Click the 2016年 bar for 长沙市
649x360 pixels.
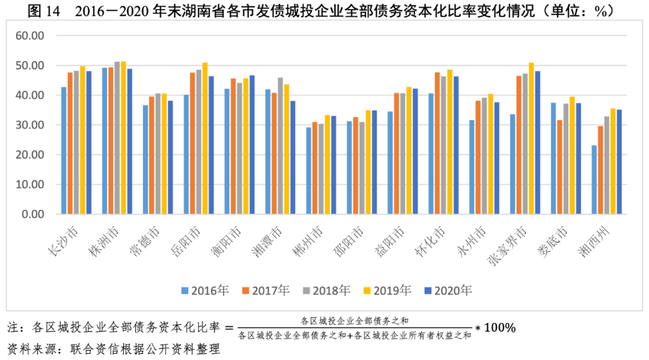(64, 151)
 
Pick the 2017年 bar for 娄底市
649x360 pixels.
(560, 167)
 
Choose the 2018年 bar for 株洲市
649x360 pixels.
(117, 138)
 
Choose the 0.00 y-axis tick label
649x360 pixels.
(34, 214)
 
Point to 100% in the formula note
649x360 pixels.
(499, 328)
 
